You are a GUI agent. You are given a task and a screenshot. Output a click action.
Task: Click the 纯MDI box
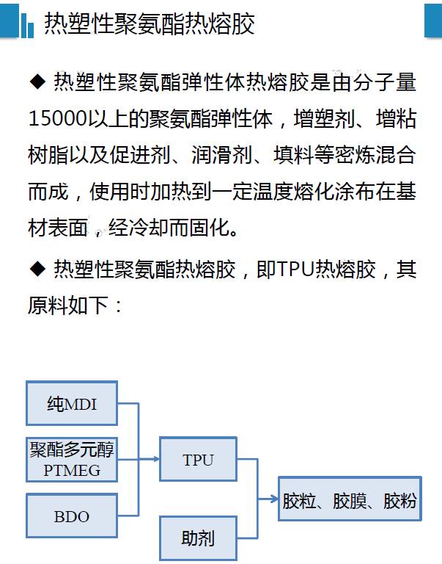click(72, 403)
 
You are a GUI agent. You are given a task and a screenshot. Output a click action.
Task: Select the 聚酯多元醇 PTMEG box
click(72, 459)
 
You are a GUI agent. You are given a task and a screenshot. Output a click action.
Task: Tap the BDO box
click(72, 516)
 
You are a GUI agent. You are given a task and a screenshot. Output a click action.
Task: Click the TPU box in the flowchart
click(198, 459)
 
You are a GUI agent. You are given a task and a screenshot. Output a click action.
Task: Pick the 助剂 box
click(198, 538)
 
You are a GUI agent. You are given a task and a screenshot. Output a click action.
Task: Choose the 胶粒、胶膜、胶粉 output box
click(350, 499)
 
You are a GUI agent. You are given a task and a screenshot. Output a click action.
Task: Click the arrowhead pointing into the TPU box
click(156, 459)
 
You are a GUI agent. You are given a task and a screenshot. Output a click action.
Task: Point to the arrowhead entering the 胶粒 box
click(275, 499)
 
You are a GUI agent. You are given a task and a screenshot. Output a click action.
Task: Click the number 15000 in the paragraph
click(57, 118)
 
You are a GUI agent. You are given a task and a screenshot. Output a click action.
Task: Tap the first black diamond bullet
click(37, 82)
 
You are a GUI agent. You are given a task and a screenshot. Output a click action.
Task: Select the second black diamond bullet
click(37, 269)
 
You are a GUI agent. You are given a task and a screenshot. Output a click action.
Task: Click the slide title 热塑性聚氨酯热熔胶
click(150, 24)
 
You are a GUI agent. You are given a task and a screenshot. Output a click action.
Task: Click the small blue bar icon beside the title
click(27, 25)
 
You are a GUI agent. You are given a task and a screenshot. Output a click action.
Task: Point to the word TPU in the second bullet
click(295, 269)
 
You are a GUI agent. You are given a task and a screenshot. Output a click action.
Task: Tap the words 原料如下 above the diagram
click(68, 305)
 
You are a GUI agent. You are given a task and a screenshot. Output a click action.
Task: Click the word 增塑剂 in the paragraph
click(324, 118)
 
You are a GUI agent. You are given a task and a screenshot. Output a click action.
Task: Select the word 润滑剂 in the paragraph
click(222, 155)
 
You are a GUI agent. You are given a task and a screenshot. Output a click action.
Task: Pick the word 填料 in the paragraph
click(294, 155)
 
